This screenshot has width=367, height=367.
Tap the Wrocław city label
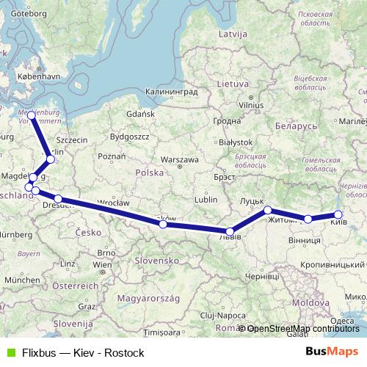click(x=112, y=202)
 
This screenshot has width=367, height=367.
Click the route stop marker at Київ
click(x=338, y=215)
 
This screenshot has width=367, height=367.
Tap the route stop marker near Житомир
click(x=268, y=211)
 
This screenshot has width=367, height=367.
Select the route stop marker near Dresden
click(x=58, y=199)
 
